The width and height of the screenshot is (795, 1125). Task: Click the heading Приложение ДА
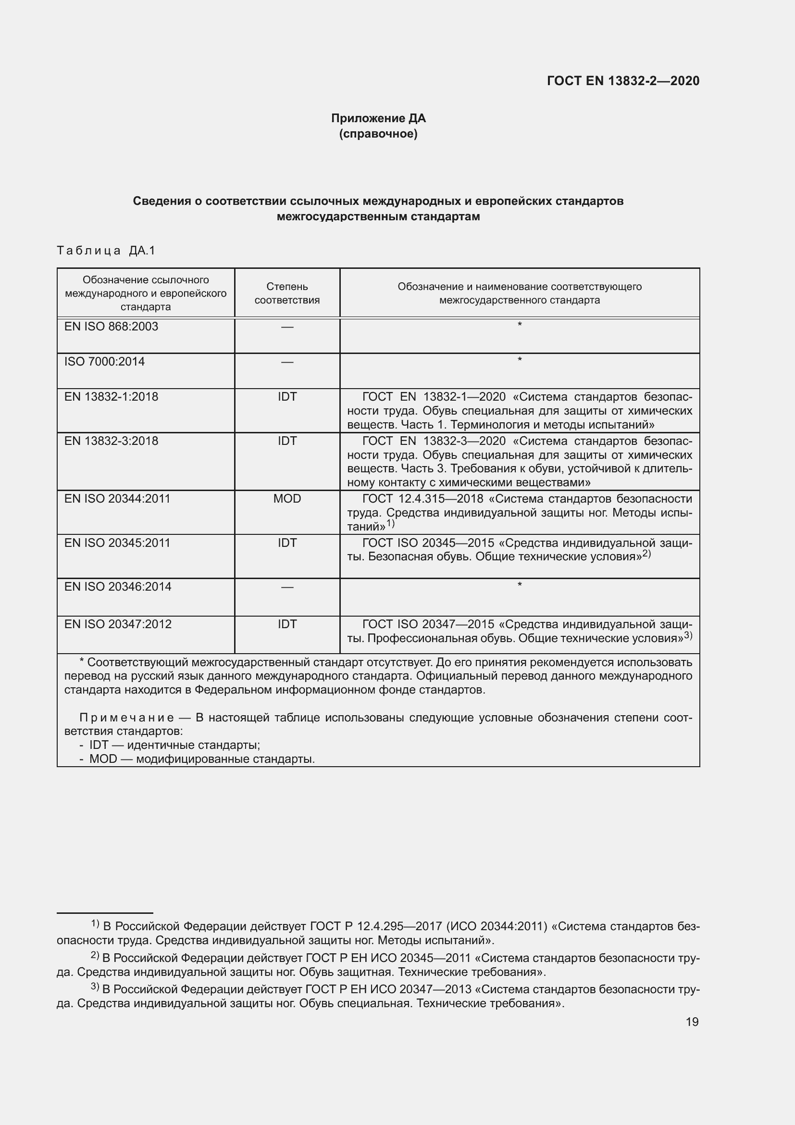click(378, 118)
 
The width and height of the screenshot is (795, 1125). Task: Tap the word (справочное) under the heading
click(378, 134)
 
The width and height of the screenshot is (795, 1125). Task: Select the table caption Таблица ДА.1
click(106, 251)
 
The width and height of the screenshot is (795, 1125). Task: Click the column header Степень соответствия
click(287, 293)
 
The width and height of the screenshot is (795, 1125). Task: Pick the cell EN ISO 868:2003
click(111, 327)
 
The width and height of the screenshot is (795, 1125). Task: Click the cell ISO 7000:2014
click(104, 362)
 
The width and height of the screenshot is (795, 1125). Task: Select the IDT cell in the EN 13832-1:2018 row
click(287, 397)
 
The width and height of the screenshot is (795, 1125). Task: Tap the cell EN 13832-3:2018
click(111, 441)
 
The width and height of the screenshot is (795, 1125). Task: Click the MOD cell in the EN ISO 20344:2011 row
click(287, 499)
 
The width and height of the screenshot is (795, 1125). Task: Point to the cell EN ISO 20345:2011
click(117, 543)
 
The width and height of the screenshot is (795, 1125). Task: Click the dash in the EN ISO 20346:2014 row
click(287, 587)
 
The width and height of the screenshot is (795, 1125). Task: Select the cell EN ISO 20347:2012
click(117, 624)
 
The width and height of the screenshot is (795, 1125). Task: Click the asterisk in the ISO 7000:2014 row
click(520, 360)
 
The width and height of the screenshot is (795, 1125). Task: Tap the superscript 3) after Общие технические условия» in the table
click(688, 635)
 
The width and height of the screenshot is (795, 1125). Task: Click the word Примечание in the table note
click(126, 718)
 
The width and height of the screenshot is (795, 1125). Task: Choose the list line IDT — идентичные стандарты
click(174, 745)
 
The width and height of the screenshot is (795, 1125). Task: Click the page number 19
click(692, 1022)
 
